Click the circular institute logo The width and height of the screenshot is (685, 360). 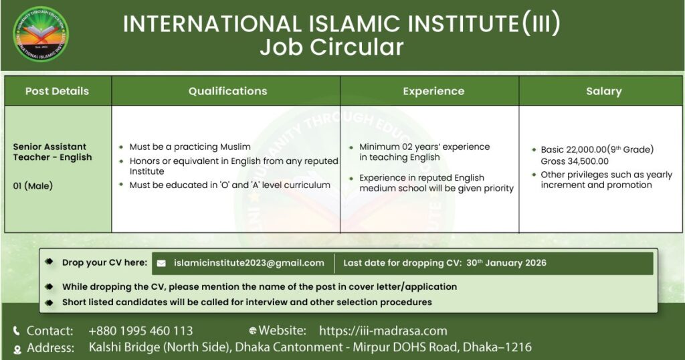pyautogui.click(x=41, y=34)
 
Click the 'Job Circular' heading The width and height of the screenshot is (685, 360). pyautogui.click(x=332, y=48)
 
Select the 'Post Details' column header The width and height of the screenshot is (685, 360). pyautogui.click(x=58, y=91)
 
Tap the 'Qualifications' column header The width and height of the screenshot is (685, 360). pyautogui.click(x=227, y=91)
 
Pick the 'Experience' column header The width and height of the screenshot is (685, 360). pyautogui.click(x=433, y=91)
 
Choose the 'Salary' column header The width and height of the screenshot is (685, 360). pyautogui.click(x=604, y=91)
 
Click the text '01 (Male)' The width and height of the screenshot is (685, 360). pyautogui.click(x=33, y=185)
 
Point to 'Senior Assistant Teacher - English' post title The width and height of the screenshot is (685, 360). pyautogui.click(x=52, y=152)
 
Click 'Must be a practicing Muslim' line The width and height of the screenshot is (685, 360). pyautogui.click(x=190, y=147)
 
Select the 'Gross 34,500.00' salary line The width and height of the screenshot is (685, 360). pyautogui.click(x=575, y=161)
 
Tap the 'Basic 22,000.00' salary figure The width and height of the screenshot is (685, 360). pyautogui.click(x=573, y=149)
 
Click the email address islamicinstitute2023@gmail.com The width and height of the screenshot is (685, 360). pyautogui.click(x=249, y=263)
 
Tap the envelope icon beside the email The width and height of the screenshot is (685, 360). pyautogui.click(x=161, y=264)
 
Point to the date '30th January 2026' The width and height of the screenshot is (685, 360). pyautogui.click(x=506, y=262)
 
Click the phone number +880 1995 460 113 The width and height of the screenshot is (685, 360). pyautogui.click(x=140, y=331)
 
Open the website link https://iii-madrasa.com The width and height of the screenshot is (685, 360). pyautogui.click(x=383, y=331)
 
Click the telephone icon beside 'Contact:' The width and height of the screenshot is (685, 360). pyautogui.click(x=17, y=331)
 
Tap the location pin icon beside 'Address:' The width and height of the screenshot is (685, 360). pyautogui.click(x=17, y=349)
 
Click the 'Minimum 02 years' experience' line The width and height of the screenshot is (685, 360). pyautogui.click(x=425, y=147)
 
